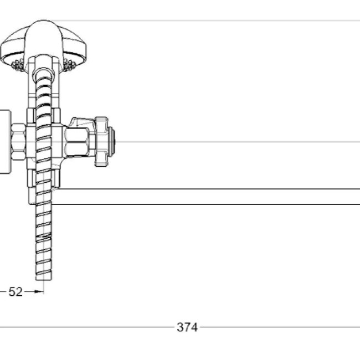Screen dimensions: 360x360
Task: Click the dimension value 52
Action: click(16, 292)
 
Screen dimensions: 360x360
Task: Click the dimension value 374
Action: click(187, 327)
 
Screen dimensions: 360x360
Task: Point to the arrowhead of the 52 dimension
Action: click(38, 291)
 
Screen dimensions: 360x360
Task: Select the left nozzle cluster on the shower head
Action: click(18, 65)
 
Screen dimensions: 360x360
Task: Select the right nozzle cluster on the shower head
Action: click(69, 64)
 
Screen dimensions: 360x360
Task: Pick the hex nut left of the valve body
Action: click(18, 142)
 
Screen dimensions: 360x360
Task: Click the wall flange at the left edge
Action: click(5, 142)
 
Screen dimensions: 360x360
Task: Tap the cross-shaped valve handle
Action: click(101, 141)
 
